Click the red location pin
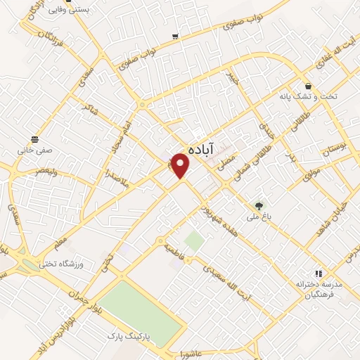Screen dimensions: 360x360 [181, 165]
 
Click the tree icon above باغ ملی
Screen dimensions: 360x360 [259, 205]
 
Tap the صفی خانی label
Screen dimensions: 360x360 [34, 150]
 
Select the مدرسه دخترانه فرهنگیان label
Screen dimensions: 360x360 [319, 288]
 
